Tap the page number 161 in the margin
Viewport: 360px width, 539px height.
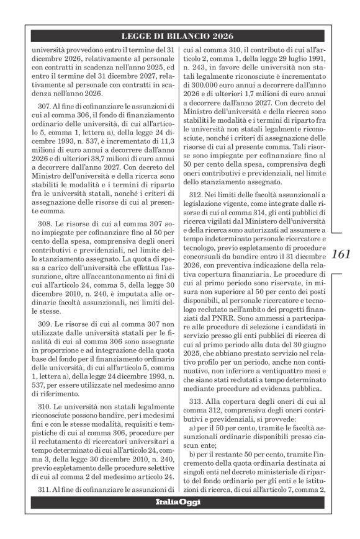tap(341, 254)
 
